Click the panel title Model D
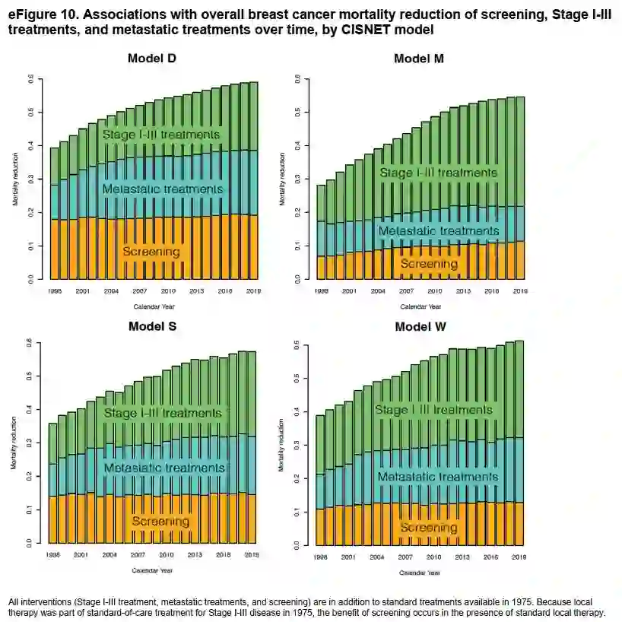(153, 59)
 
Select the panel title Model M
(419, 59)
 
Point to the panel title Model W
(420, 327)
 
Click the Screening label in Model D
(151, 252)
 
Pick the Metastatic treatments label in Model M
(439, 231)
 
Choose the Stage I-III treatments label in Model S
(163, 413)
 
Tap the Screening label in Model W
(429, 527)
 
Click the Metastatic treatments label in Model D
(163, 189)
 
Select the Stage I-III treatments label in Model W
(433, 410)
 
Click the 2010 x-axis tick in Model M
(434, 290)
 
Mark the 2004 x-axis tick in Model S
(110, 555)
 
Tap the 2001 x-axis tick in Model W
(348, 557)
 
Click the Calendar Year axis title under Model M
(420, 307)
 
